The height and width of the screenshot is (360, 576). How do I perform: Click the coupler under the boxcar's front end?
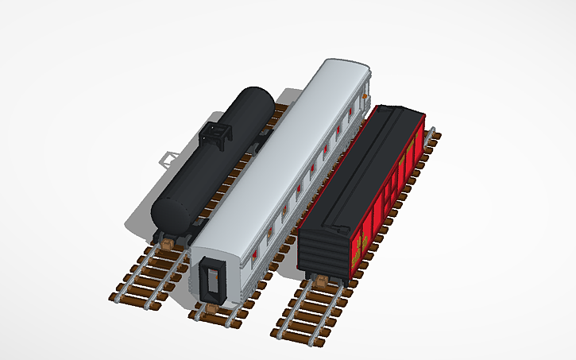tap(321, 281)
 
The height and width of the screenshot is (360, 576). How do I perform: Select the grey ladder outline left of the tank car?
tap(167, 158)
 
